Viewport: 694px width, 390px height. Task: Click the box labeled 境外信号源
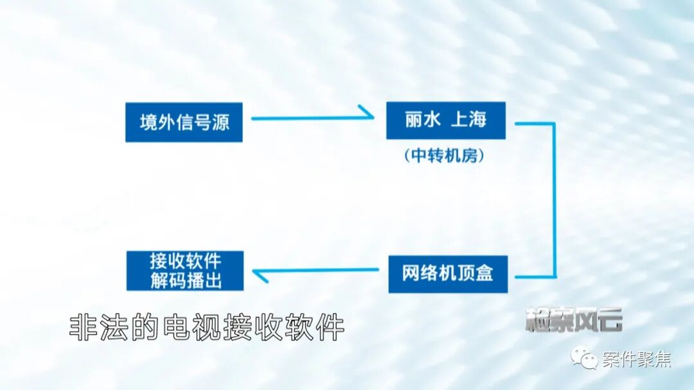(x=184, y=122)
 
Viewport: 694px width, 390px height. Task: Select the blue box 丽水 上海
(x=445, y=120)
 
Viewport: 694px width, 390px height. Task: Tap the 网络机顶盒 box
(x=447, y=274)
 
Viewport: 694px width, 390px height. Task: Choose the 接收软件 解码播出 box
(x=185, y=270)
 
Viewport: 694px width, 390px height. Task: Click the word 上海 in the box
(x=468, y=120)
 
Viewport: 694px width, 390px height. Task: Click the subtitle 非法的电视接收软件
(x=207, y=328)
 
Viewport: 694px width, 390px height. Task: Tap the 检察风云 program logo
(x=574, y=319)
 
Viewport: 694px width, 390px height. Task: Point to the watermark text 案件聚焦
(x=637, y=360)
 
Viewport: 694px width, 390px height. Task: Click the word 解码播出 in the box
(x=185, y=280)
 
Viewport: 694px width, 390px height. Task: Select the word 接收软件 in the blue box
(x=185, y=260)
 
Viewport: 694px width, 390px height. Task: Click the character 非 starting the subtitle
(x=82, y=328)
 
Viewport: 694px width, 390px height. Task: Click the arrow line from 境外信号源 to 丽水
(x=308, y=118)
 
